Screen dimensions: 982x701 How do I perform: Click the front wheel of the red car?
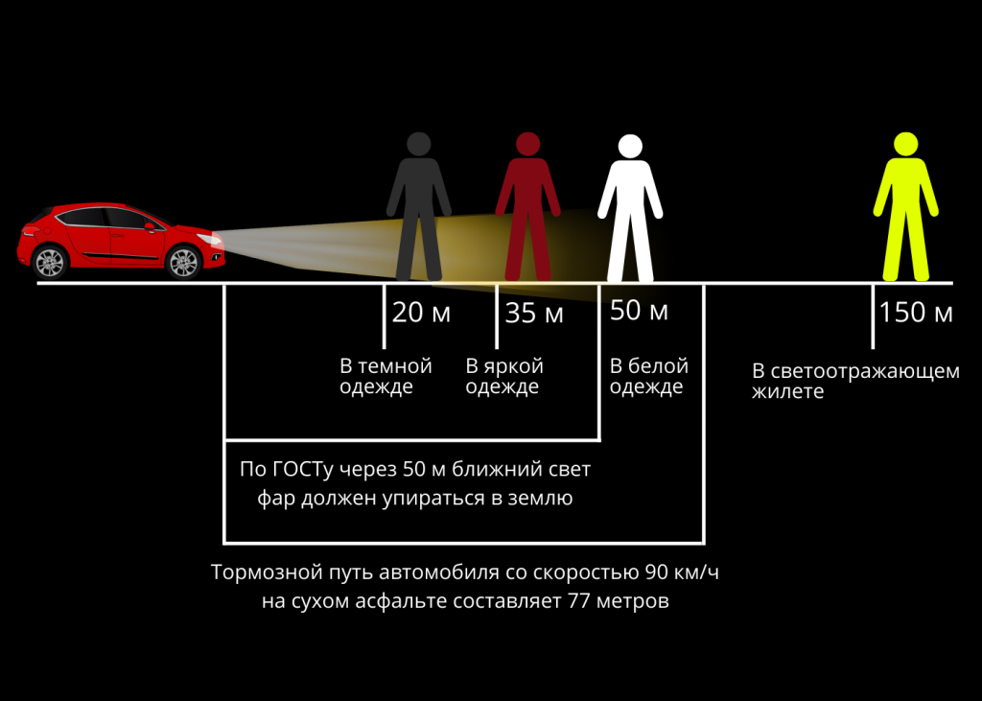[183, 262]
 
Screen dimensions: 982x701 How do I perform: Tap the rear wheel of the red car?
[50, 262]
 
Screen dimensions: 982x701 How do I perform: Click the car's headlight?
[211, 240]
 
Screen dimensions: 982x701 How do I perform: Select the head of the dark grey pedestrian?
[419, 144]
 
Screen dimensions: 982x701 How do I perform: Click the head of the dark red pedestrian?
[528, 144]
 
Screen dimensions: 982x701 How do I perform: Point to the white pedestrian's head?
[630, 147]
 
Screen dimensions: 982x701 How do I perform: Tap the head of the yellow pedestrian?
[905, 144]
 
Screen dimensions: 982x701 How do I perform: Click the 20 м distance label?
[422, 313]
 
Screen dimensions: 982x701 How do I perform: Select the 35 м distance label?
[534, 313]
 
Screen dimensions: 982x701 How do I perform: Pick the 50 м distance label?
[639, 311]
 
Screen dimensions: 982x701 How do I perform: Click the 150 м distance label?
[916, 313]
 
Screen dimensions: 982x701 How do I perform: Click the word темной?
[394, 366]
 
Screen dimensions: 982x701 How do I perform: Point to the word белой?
[658, 366]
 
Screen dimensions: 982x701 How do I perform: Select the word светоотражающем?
[865, 371]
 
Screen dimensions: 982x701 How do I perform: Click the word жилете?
[788, 392]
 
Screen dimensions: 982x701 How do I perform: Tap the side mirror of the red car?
[150, 226]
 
